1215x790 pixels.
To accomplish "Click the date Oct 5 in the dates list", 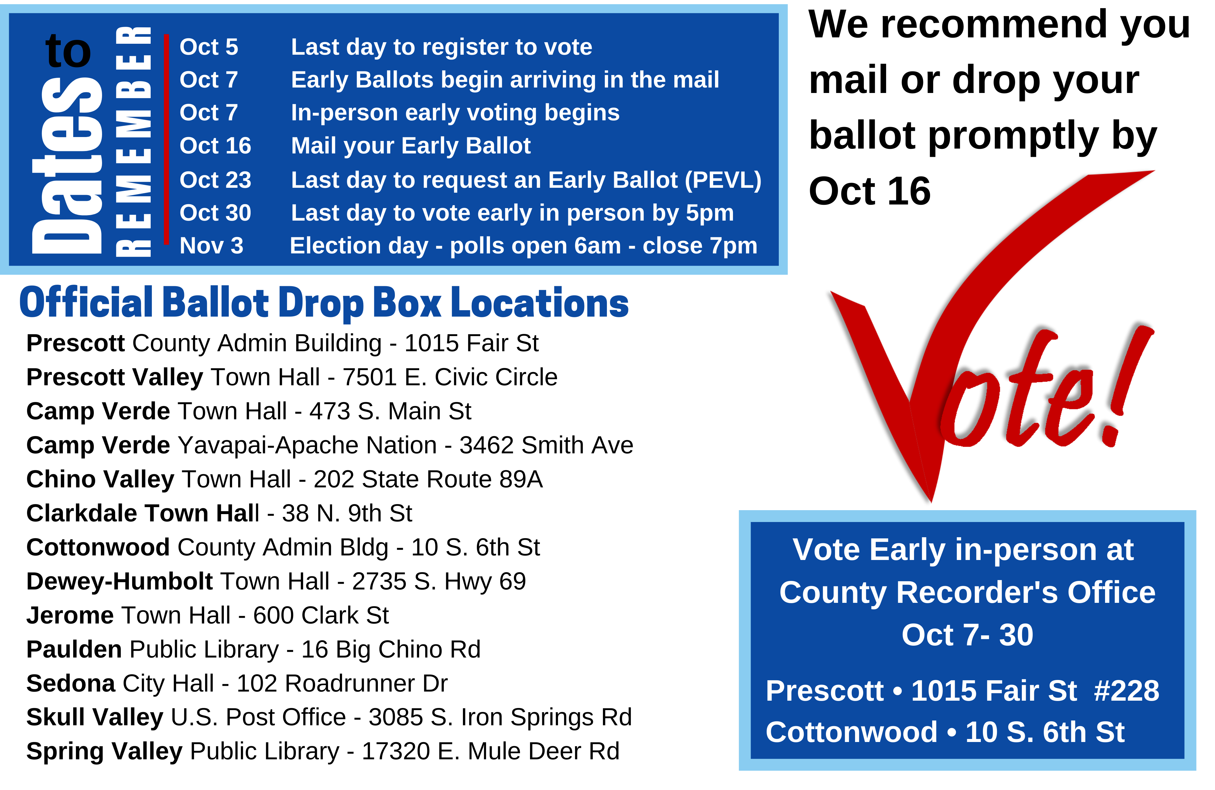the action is point(209,47).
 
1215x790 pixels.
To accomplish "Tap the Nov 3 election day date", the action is point(211,246).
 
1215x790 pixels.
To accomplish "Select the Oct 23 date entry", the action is point(215,180).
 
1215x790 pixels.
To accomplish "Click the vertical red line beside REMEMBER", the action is point(166,139).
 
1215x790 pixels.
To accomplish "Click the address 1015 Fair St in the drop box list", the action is point(471,343).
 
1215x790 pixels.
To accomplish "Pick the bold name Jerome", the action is point(70,615).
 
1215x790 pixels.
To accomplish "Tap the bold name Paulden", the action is point(74,650).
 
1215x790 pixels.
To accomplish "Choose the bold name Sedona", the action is point(70,683).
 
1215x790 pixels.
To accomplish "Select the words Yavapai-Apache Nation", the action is point(307,445).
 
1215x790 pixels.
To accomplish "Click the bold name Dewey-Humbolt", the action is point(119,581).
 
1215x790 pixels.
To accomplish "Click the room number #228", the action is point(1127,691).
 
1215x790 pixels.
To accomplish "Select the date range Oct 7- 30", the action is point(967,635).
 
